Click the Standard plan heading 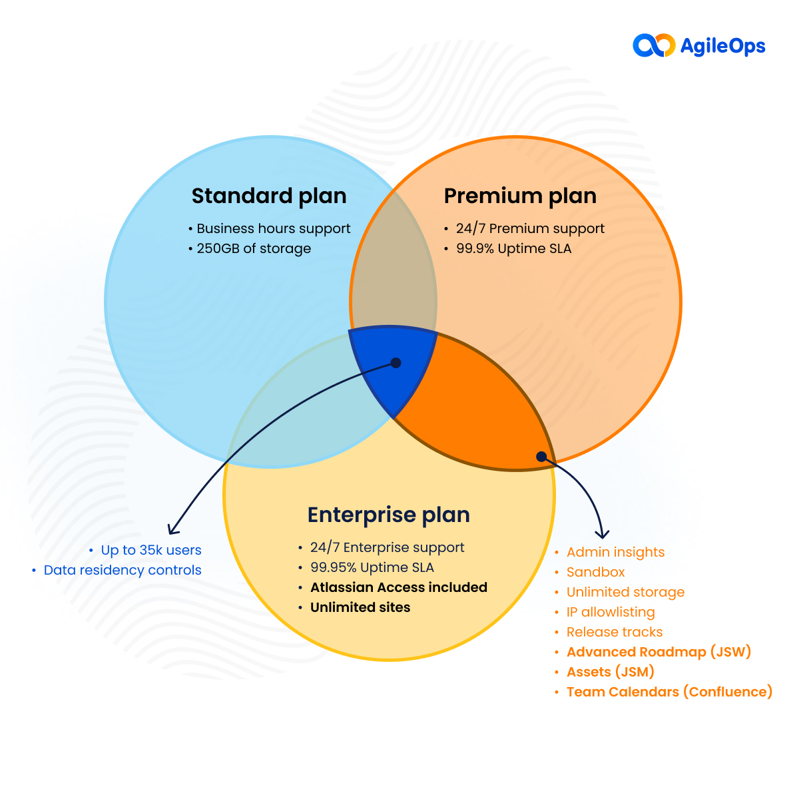pyautogui.click(x=269, y=196)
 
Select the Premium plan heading pyautogui.click(x=520, y=196)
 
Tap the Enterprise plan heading pyautogui.click(x=389, y=515)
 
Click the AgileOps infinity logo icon pyautogui.click(x=653, y=45)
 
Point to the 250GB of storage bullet pyautogui.click(x=254, y=248)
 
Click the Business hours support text pyautogui.click(x=273, y=228)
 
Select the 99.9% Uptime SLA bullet pyautogui.click(x=513, y=248)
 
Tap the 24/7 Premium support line pyautogui.click(x=530, y=228)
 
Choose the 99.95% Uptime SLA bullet pyautogui.click(x=372, y=567)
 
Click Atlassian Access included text pyautogui.click(x=398, y=587)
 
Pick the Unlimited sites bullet pyautogui.click(x=360, y=607)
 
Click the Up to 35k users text pyautogui.click(x=151, y=550)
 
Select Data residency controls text pyautogui.click(x=123, y=570)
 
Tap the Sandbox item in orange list pyautogui.click(x=595, y=572)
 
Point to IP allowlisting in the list pyautogui.click(x=611, y=612)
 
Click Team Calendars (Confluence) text pyautogui.click(x=669, y=692)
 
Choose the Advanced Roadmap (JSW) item pyautogui.click(x=659, y=652)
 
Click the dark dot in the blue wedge pyautogui.click(x=396, y=363)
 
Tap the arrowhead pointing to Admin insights pyautogui.click(x=602, y=534)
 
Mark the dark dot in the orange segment pyautogui.click(x=541, y=456)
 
